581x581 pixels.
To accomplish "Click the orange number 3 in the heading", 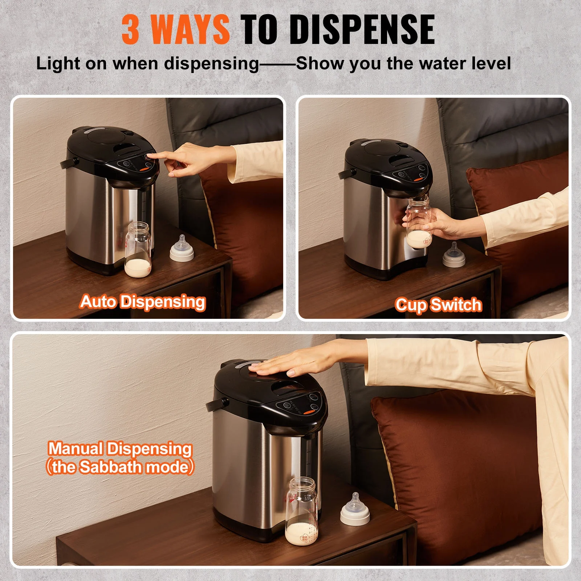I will pyautogui.click(x=130, y=30).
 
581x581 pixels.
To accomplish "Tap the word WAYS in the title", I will pyautogui.click(x=190, y=30).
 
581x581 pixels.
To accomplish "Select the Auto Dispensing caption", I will pyautogui.click(x=143, y=302).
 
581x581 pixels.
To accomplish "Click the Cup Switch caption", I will pyautogui.click(x=438, y=305).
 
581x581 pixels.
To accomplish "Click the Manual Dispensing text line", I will pyautogui.click(x=120, y=449).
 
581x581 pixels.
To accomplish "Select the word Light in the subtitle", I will pyautogui.click(x=58, y=64).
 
